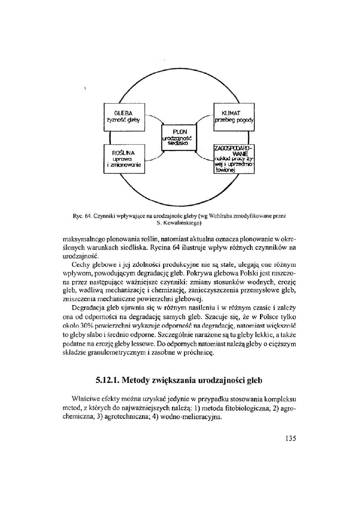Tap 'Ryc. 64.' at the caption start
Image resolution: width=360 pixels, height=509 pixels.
(x=81, y=216)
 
